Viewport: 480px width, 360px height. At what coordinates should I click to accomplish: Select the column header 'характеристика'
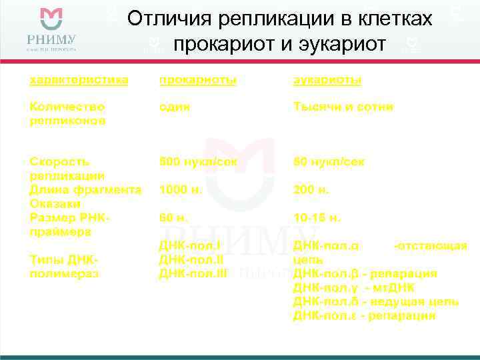pos(79,80)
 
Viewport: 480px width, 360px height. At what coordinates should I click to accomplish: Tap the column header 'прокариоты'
pos(197,80)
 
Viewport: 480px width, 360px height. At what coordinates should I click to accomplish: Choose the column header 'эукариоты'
pos(328,80)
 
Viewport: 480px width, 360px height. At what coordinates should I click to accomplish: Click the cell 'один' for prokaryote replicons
pos(175,107)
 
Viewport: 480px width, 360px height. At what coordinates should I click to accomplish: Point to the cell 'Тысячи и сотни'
pos(343,107)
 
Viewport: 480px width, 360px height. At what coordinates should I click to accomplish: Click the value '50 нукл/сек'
pos(329,162)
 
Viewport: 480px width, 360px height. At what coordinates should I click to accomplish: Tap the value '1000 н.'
pos(181,190)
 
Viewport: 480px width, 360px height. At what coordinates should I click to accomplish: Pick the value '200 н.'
pos(311,190)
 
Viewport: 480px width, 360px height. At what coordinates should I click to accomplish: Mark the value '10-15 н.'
pos(317,218)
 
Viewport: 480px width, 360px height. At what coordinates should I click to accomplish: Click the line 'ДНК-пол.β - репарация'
pos(365,273)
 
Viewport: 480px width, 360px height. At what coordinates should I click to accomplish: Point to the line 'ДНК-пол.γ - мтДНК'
pos(354,287)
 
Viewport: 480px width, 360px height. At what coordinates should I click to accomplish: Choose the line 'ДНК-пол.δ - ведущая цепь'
pos(376,301)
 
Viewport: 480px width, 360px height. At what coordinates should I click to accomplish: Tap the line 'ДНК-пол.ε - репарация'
pos(365,315)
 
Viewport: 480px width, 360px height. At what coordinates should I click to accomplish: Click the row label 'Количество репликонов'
pos(67,113)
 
